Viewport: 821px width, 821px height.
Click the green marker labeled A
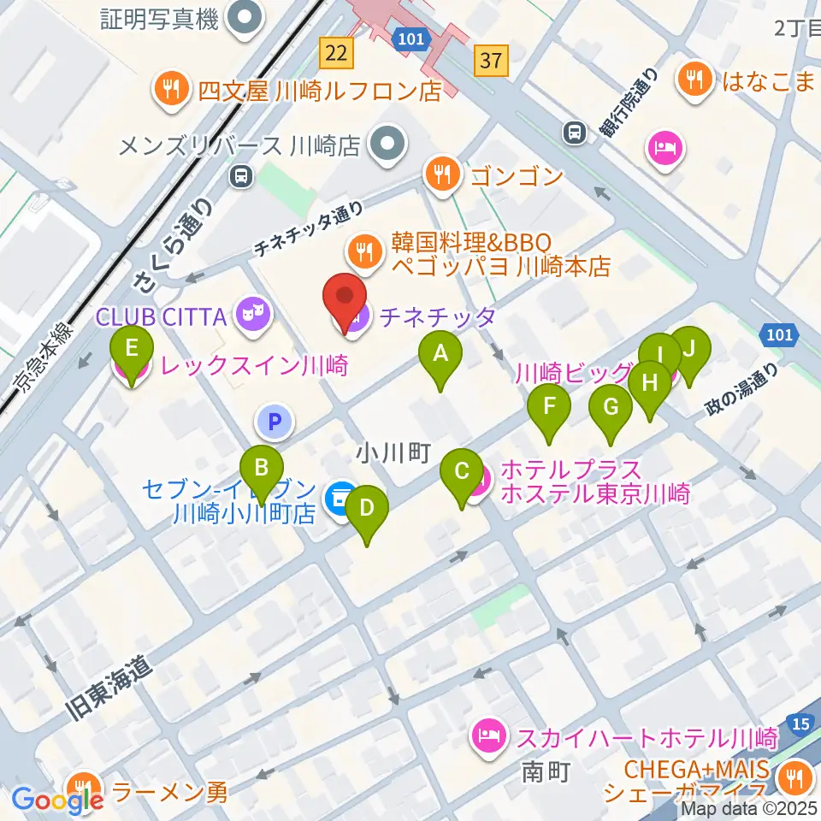pyautogui.click(x=440, y=353)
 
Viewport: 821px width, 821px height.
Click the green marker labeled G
pyautogui.click(x=611, y=408)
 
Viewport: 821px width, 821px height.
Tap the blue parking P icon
pyautogui.click(x=274, y=421)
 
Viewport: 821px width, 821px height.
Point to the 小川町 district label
pyautogui.click(x=393, y=452)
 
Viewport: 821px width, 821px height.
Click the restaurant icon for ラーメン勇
pyautogui.click(x=84, y=787)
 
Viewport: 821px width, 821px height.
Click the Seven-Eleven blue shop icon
pyautogui.click(x=341, y=496)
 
